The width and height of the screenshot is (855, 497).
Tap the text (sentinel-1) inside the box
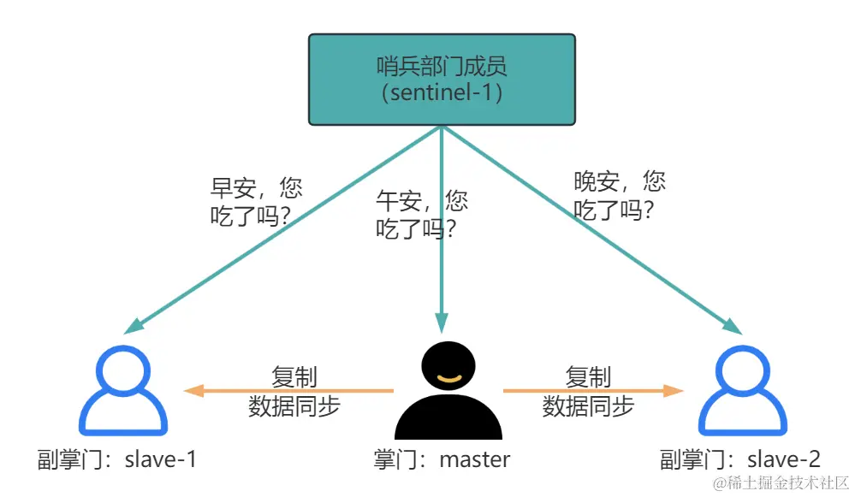[x=442, y=92]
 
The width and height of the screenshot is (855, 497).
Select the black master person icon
[x=448, y=393]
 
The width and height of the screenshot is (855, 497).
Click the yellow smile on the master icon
[x=448, y=376]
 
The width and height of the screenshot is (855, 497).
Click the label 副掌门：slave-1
[x=117, y=459]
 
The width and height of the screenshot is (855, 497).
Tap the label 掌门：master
[x=442, y=459]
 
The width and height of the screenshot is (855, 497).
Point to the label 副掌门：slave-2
[x=740, y=459]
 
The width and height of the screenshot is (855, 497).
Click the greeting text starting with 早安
[x=256, y=202]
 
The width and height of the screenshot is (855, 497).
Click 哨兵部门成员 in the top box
[x=442, y=66]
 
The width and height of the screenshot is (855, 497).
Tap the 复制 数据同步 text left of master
[x=294, y=391]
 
